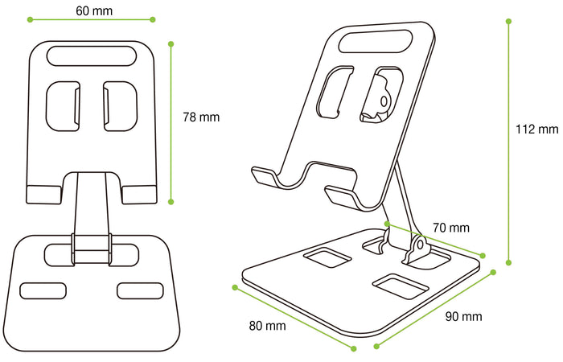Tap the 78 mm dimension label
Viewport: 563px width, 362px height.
201,117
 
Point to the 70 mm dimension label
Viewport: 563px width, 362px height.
451,228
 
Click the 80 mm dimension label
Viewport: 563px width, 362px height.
267,326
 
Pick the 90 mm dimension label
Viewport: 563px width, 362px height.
463,316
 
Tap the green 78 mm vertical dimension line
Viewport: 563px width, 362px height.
171,121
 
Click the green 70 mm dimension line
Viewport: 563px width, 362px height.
434,239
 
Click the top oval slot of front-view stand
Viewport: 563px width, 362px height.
91,56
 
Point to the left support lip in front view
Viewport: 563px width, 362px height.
43,193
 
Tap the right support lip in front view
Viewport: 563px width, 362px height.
140,193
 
